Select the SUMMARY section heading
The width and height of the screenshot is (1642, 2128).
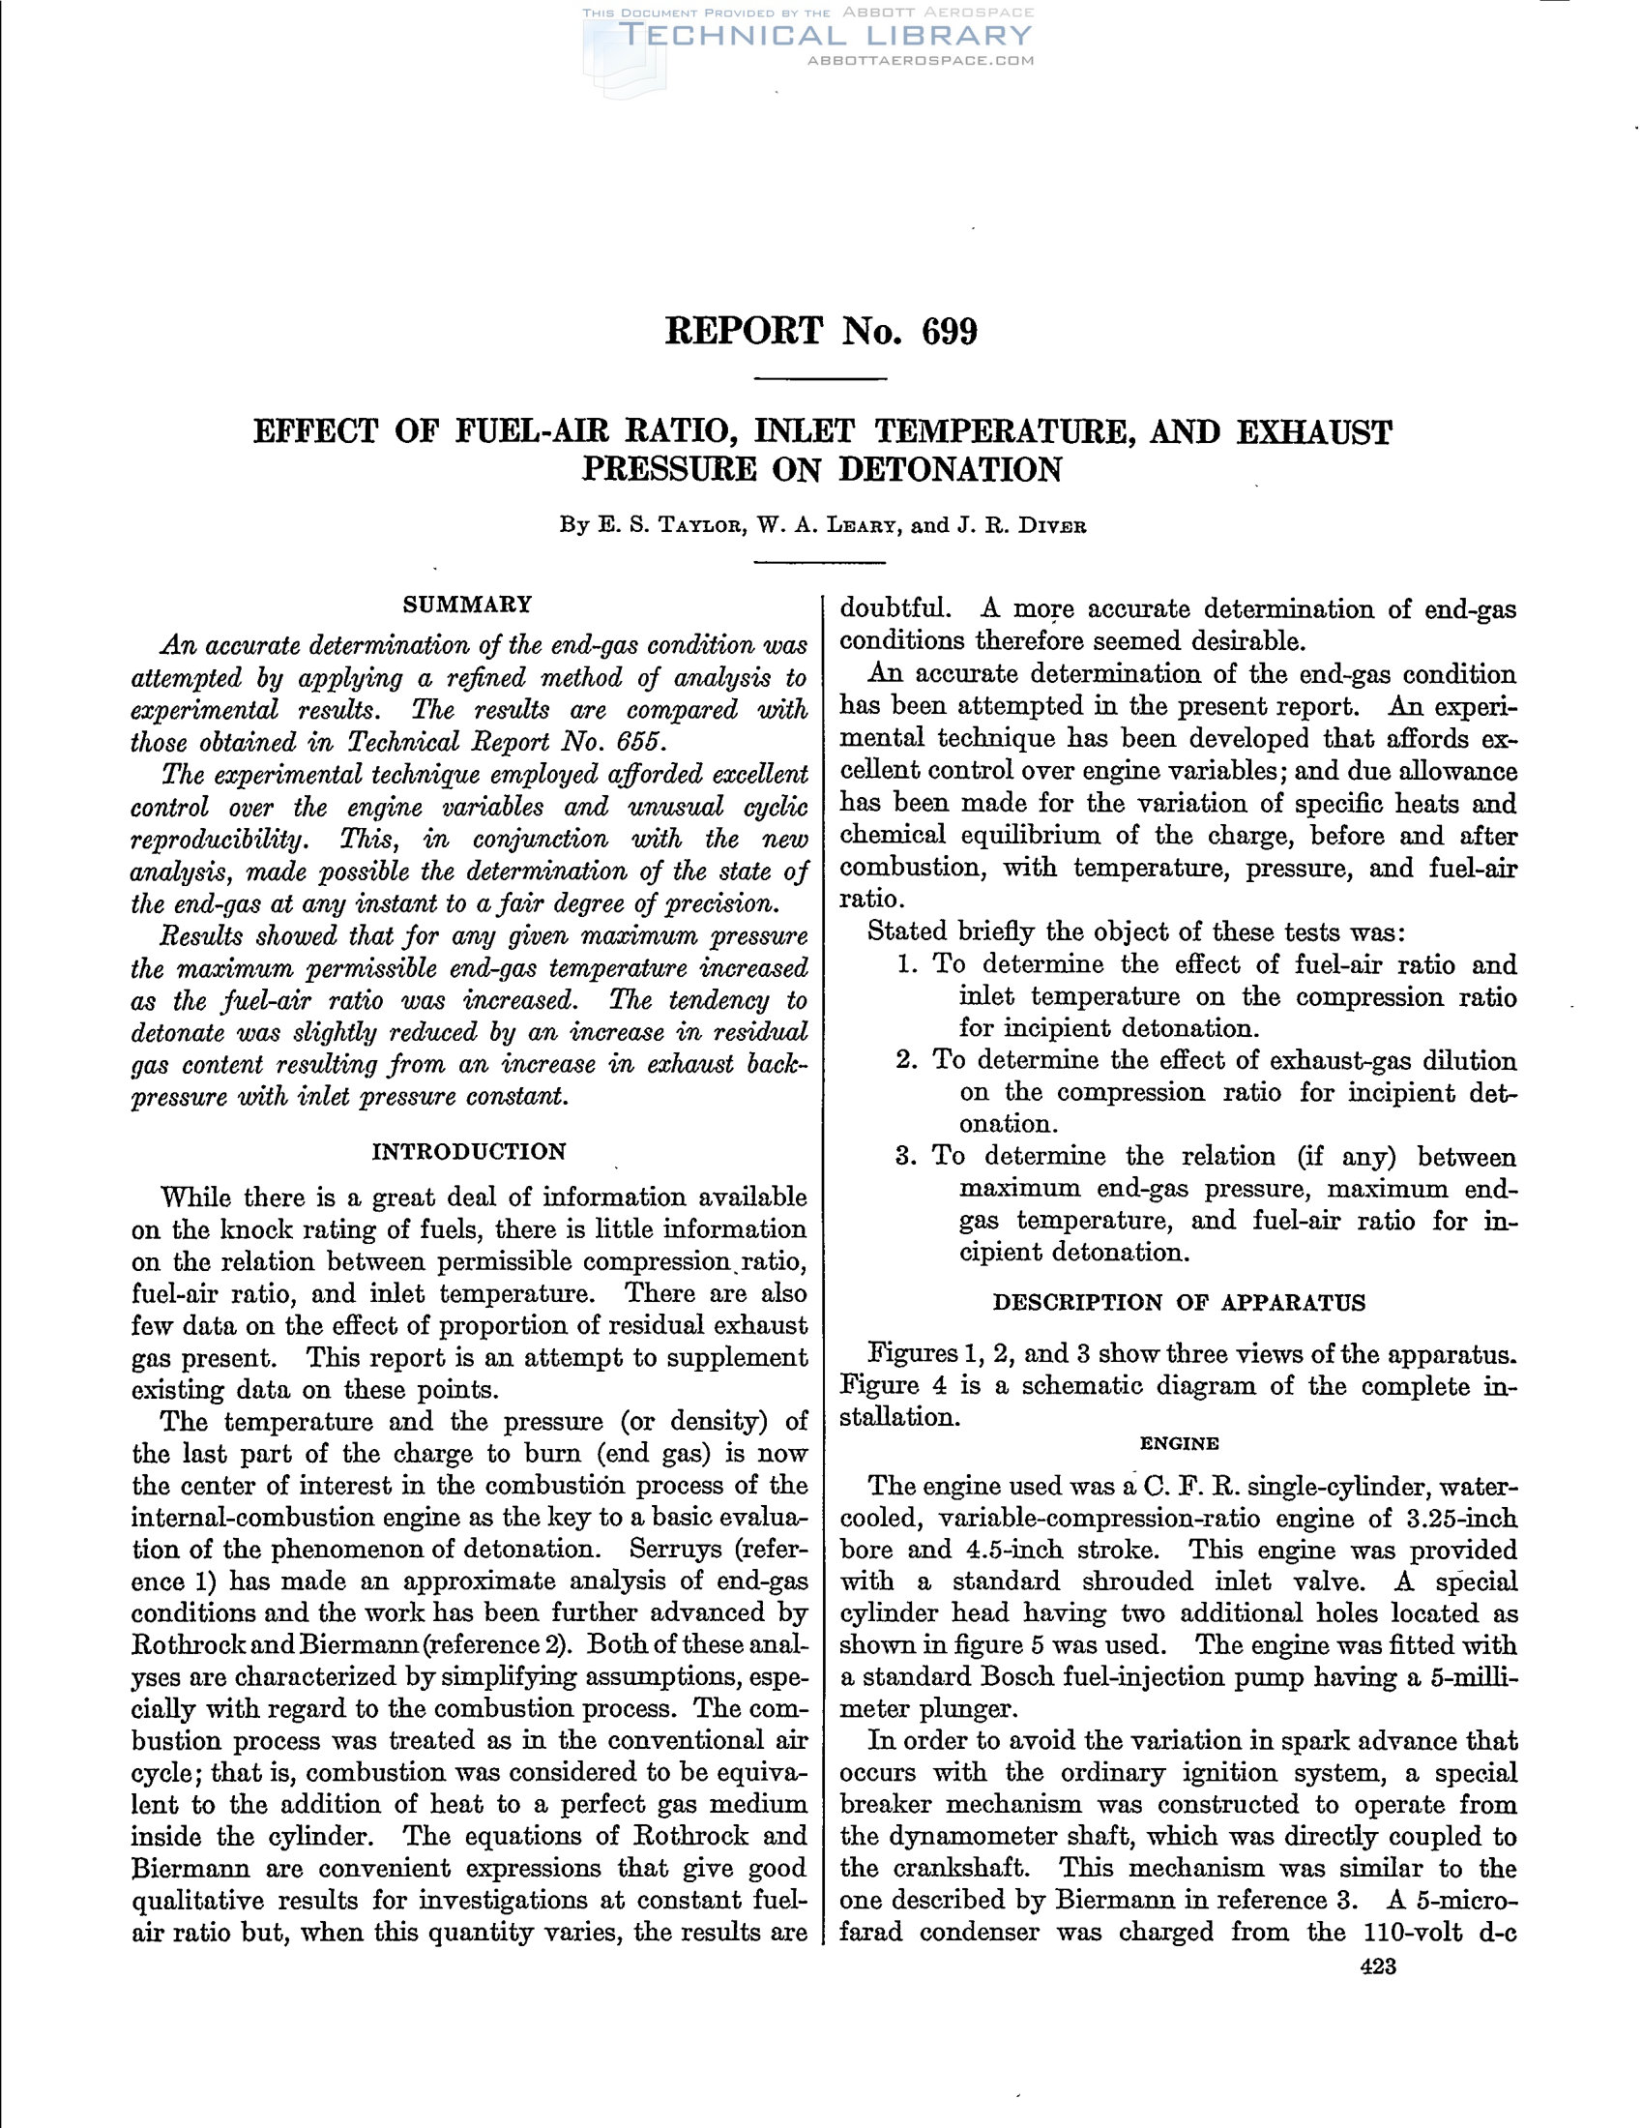[x=467, y=605]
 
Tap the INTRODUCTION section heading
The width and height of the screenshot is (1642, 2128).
[x=468, y=1152]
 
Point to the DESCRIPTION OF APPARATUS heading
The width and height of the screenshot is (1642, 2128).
[x=1179, y=1303]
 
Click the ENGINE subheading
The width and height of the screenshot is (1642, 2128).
[x=1179, y=1443]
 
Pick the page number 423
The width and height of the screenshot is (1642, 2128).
[x=1378, y=1965]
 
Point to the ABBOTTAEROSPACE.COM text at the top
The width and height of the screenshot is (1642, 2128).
[x=921, y=60]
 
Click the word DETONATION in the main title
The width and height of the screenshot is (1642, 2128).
[x=950, y=470]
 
